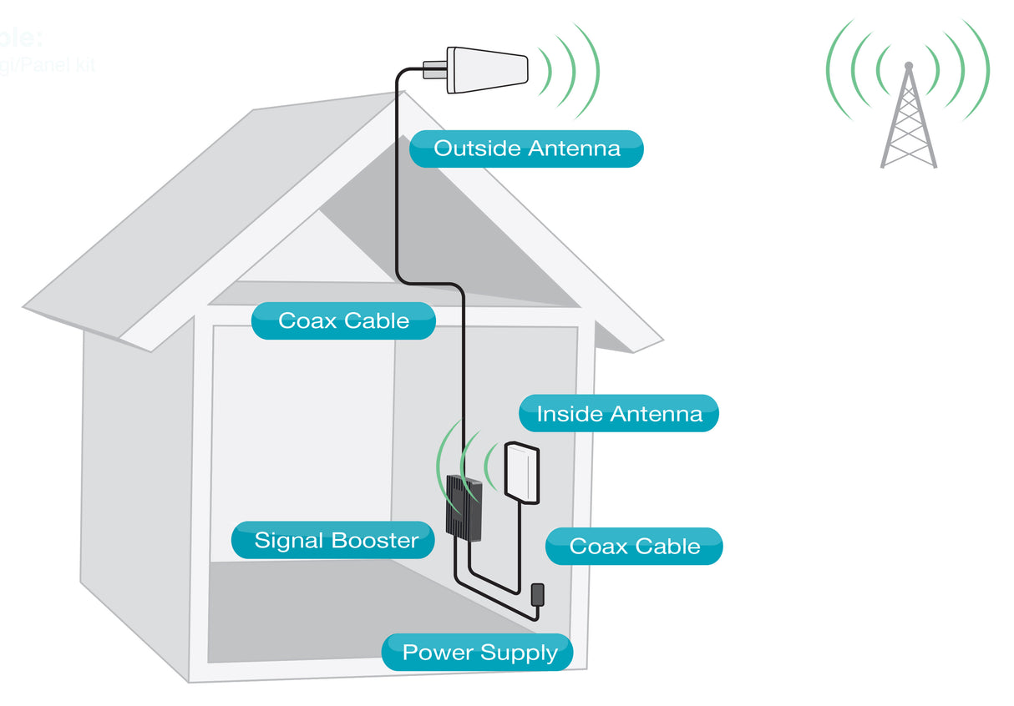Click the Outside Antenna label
pyautogui.click(x=527, y=149)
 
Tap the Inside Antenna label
pyautogui.click(x=619, y=414)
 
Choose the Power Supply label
pyautogui.click(x=478, y=653)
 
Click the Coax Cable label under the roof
pyautogui.click(x=343, y=321)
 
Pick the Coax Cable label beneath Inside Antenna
pyautogui.click(x=634, y=547)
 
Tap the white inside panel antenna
pyautogui.click(x=522, y=472)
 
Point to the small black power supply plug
pyautogui.click(x=539, y=594)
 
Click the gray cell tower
pyautogui.click(x=908, y=121)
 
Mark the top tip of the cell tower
pyautogui.click(x=909, y=64)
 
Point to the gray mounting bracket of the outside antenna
pyautogui.click(x=435, y=69)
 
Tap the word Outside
pyautogui.click(x=476, y=149)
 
